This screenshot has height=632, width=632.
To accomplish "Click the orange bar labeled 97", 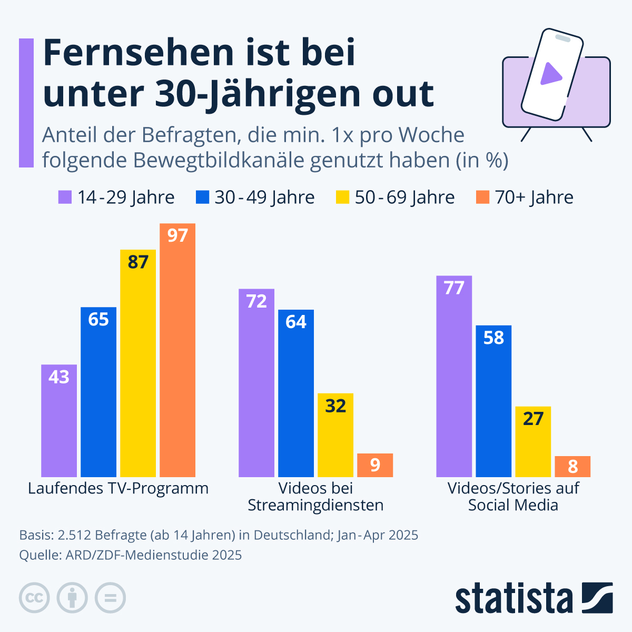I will [177, 350].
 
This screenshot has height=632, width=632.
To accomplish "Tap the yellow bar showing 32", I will [335, 435].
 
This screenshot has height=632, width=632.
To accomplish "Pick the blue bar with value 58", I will [493, 401].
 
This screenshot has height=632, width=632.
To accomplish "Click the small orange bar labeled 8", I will [572, 466].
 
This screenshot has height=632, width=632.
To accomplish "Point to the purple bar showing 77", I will [454, 376].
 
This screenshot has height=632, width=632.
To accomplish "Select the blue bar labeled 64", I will [296, 393].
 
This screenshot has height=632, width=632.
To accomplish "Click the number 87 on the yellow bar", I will [138, 262].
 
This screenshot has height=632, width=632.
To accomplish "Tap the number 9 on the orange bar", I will [375, 465].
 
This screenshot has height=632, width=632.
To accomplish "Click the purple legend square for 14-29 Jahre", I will [64, 197].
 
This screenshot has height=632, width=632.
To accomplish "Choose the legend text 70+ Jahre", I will [534, 197].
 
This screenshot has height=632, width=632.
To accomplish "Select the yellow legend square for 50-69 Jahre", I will [342, 197].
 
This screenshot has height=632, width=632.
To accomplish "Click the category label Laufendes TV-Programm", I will [118, 488].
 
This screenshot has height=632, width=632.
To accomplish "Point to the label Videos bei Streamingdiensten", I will [315, 497].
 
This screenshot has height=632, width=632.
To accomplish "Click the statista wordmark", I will [513, 598].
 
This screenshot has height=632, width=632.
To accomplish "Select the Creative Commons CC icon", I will [34, 598].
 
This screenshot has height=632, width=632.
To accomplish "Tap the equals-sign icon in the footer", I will [110, 598].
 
